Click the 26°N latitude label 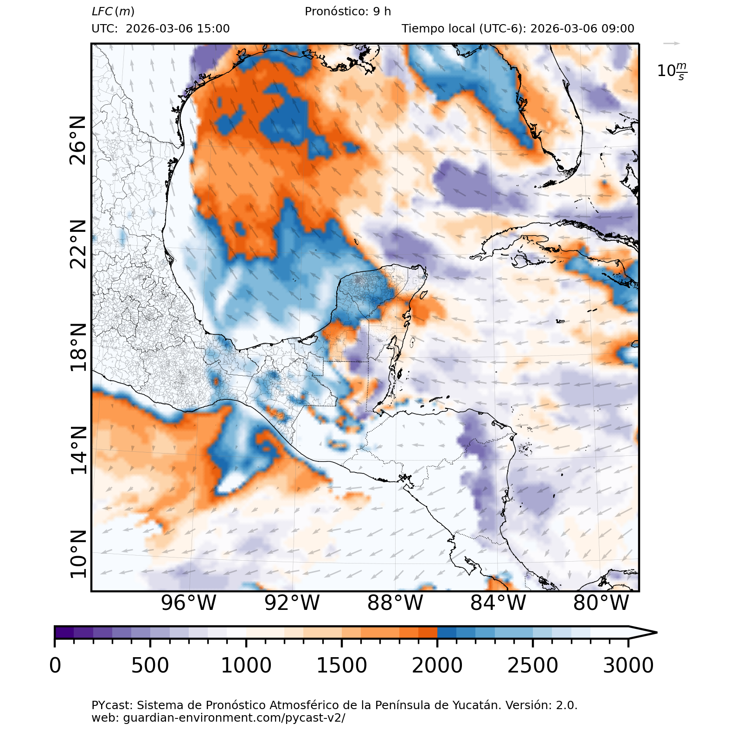click(x=78, y=141)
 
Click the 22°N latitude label click(x=78, y=244)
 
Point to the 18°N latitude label click(x=78, y=347)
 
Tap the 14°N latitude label click(x=78, y=450)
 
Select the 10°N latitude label click(x=78, y=554)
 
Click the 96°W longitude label click(x=189, y=603)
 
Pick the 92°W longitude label click(x=292, y=603)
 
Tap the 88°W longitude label click(x=395, y=603)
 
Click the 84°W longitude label click(x=498, y=603)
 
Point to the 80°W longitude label click(x=601, y=603)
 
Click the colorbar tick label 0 click(x=55, y=666)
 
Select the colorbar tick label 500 click(x=150, y=666)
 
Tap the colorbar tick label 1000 click(x=246, y=666)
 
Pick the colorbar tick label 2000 click(x=437, y=666)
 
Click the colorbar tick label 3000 click(x=628, y=666)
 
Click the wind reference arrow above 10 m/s click(x=671, y=44)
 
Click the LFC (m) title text click(x=113, y=12)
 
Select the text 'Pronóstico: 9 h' click(x=348, y=12)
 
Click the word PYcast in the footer click(x=111, y=705)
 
